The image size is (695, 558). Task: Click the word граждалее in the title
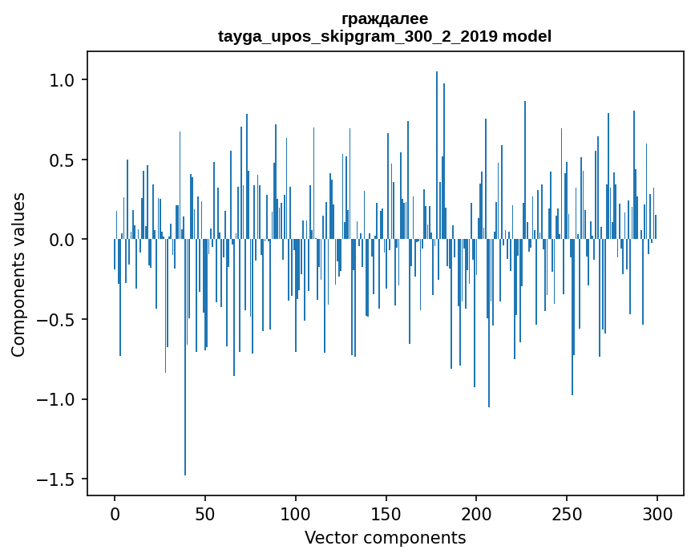click(x=385, y=18)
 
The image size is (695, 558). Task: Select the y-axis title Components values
click(x=18, y=274)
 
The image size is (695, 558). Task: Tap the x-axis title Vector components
click(x=385, y=538)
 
